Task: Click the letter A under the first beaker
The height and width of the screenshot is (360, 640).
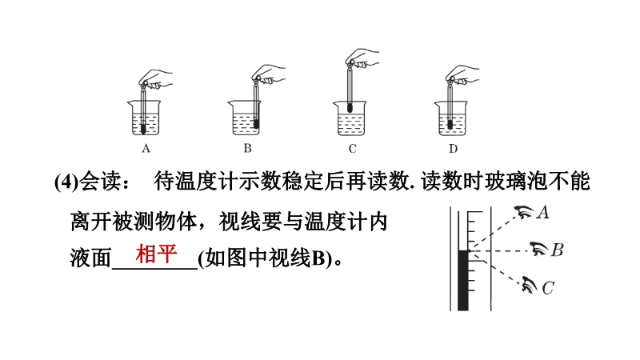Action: click(146, 149)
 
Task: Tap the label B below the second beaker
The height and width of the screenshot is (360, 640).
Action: click(247, 148)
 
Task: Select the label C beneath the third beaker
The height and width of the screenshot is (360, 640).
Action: click(352, 149)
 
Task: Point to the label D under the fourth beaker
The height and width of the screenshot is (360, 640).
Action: click(453, 149)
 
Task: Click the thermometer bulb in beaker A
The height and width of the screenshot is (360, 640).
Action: click(143, 129)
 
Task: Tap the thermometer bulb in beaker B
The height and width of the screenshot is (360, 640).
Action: click(256, 124)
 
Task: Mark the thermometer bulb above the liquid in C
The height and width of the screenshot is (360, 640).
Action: click(350, 108)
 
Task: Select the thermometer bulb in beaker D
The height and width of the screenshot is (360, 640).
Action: click(450, 125)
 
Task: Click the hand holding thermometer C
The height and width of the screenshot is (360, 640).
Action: click(362, 58)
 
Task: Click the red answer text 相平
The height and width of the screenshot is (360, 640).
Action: click(156, 254)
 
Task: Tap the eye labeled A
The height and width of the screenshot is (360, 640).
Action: click(524, 212)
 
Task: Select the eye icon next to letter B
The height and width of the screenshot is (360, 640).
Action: click(539, 249)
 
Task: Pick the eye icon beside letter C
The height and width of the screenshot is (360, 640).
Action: click(530, 285)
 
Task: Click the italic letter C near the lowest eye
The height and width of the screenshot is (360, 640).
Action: click(548, 288)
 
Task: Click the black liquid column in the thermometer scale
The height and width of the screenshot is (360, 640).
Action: click(463, 281)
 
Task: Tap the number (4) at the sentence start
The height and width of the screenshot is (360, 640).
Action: click(66, 182)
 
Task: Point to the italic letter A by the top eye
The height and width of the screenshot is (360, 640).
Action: click(543, 213)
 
